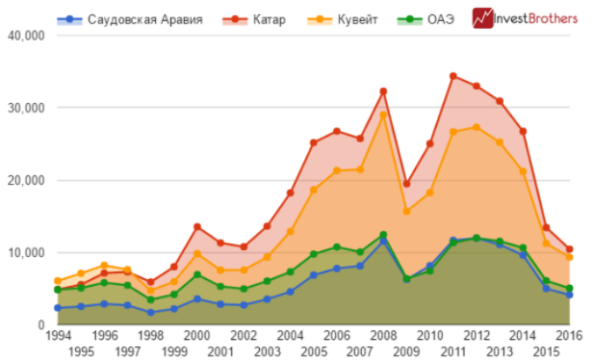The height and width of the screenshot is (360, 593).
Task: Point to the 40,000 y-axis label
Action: (25, 36)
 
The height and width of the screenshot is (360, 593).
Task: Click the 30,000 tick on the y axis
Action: (25, 108)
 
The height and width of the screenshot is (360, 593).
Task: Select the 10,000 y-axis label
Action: (25, 253)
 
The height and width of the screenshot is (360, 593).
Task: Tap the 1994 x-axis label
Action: (58, 336)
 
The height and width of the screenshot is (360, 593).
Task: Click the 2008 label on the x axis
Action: (383, 336)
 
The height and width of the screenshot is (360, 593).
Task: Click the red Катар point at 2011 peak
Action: (453, 77)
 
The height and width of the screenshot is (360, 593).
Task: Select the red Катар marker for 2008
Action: (383, 92)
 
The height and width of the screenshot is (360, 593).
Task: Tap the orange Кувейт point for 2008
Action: (383, 115)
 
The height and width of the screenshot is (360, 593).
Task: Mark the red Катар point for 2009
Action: (406, 184)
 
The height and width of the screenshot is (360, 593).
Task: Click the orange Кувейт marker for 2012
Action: (475, 127)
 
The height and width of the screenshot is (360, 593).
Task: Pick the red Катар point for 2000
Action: (198, 227)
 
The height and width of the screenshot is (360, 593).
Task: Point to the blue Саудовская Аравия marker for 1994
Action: (58, 308)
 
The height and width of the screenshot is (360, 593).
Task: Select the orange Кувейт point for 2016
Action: (568, 257)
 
